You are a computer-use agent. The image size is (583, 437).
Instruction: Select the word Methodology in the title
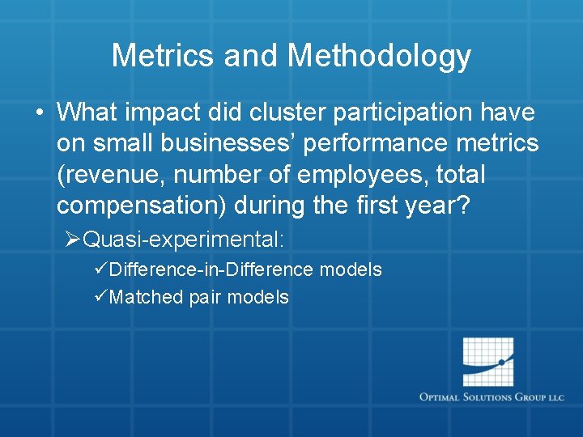pyautogui.click(x=379, y=56)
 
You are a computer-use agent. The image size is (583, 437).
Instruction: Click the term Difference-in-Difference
pyautogui.click(x=211, y=269)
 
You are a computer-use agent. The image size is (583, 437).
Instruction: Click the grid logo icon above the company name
pyautogui.click(x=487, y=362)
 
